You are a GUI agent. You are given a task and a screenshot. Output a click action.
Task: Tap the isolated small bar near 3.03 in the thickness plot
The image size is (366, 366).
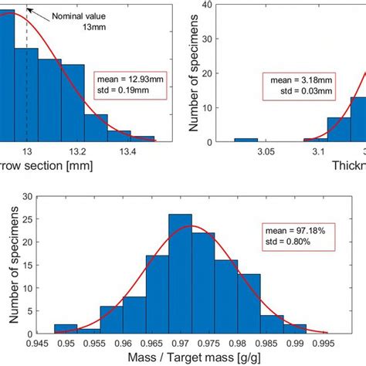pyautogui.click(x=246, y=141)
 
